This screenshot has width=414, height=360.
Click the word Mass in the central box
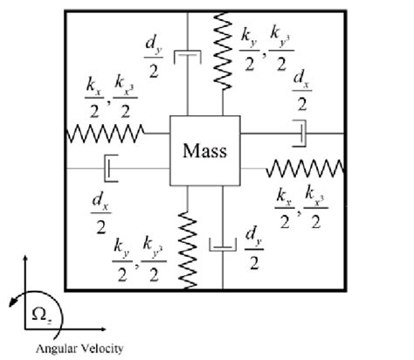204,149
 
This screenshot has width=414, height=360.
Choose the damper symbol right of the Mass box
301,134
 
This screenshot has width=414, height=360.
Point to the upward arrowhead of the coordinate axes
27,260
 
